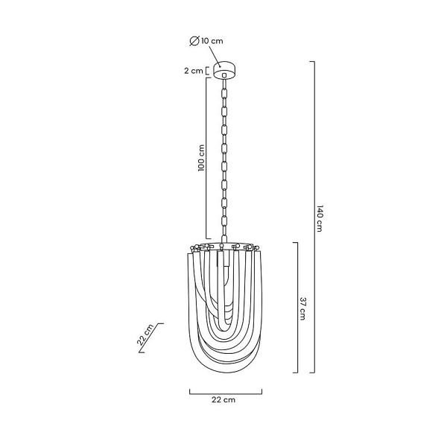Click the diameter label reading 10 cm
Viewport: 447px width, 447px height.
click(212, 41)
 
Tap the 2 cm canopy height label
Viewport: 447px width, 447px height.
click(194, 71)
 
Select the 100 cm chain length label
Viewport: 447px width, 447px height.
click(202, 158)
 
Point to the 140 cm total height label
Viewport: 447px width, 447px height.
click(320, 218)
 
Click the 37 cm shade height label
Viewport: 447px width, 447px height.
click(302, 308)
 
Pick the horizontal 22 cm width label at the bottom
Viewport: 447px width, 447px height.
click(223, 399)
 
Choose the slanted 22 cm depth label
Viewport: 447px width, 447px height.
click(145, 335)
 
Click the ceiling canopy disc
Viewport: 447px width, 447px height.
click(225, 70)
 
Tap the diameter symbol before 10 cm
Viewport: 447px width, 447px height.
click(194, 41)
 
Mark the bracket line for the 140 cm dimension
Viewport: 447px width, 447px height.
click(314, 217)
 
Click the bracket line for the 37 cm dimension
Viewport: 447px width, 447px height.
click(297, 308)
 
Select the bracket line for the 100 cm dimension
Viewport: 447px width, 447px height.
click(206, 158)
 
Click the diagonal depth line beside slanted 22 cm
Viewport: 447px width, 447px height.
click(151, 337)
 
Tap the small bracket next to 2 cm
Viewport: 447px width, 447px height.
click(207, 71)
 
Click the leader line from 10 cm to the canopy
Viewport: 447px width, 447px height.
click(215, 57)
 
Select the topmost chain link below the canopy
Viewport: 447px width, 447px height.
click(224, 93)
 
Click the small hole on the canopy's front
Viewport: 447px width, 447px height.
click(224, 75)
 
